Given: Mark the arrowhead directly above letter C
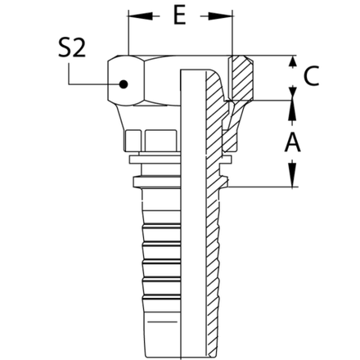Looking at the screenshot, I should point(291,62).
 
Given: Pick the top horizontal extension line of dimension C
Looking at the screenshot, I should point(270,56).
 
